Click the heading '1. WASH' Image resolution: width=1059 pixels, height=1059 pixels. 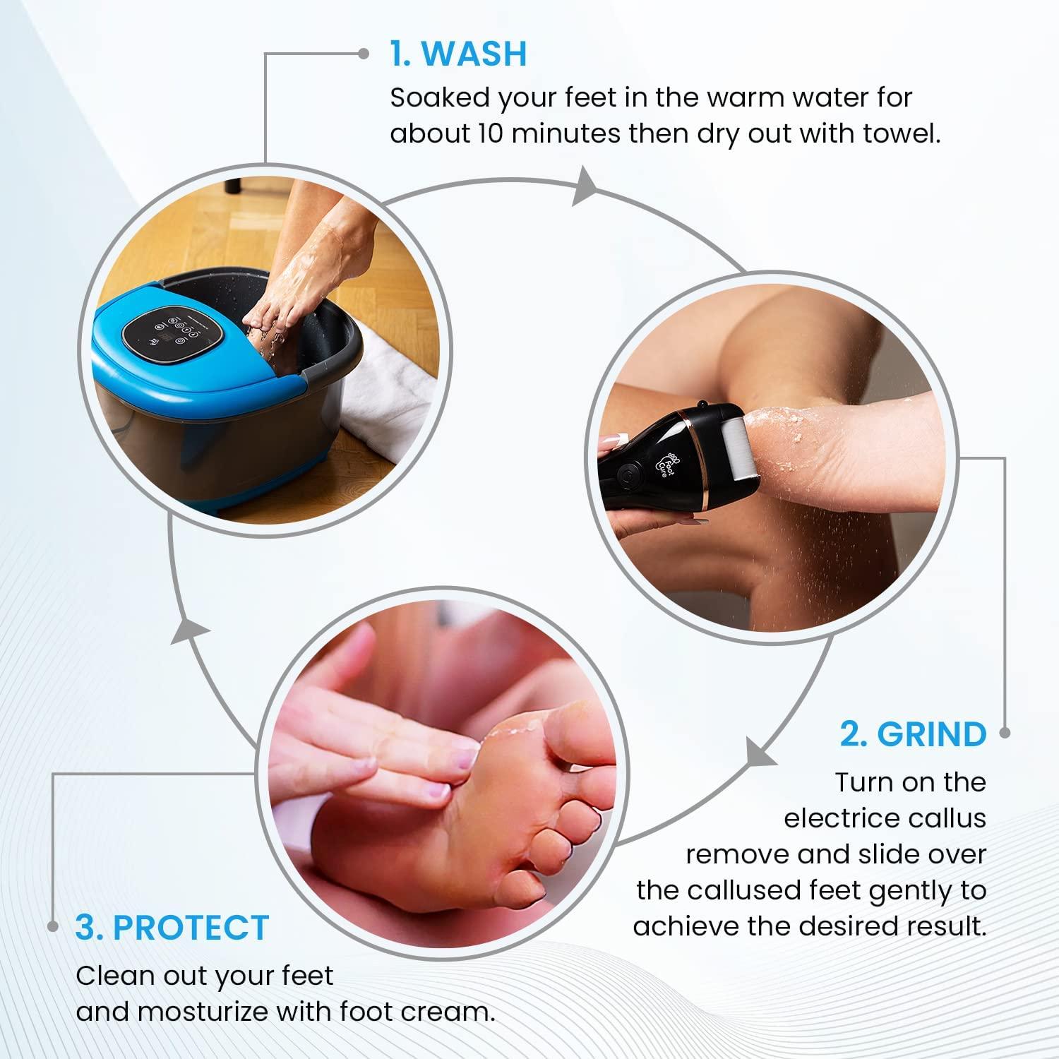pyautogui.click(x=458, y=54)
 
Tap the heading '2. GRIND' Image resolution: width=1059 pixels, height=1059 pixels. pyautogui.click(x=913, y=734)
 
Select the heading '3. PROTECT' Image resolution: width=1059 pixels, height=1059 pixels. pyautogui.click(x=172, y=927)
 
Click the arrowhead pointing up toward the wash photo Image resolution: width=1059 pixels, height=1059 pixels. pyautogui.click(x=191, y=627)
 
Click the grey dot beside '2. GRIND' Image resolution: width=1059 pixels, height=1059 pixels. pyautogui.click(x=1005, y=734)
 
